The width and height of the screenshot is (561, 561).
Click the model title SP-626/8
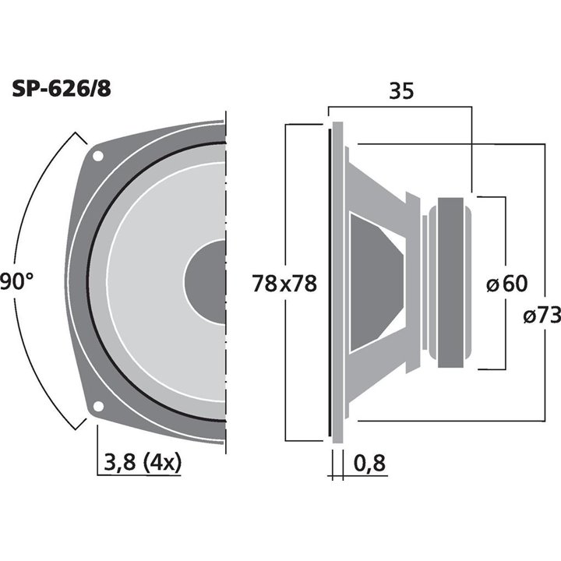pos(62,88)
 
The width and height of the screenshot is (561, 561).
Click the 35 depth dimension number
pos(400,90)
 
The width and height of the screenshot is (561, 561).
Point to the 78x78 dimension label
pos(284,284)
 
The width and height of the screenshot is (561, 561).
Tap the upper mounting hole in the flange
pos(97,156)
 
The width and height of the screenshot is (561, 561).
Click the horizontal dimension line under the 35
pos(400,107)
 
